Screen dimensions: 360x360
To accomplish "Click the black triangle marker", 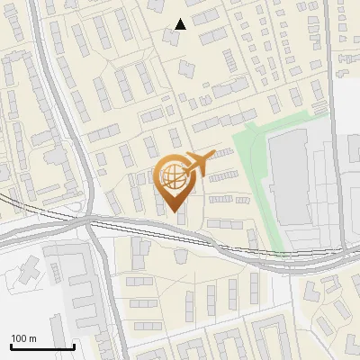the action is [181, 24].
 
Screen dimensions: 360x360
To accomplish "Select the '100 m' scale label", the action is [23, 338].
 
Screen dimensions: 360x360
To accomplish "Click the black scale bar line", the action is [42, 346].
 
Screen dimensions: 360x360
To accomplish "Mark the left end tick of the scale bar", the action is [11, 346].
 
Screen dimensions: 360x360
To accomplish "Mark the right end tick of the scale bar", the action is [74, 346].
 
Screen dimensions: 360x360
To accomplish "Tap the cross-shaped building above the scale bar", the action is [29, 268].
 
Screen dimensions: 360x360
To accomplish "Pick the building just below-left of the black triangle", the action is [170, 37].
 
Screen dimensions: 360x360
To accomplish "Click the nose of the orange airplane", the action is [214, 155].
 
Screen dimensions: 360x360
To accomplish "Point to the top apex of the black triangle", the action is [181, 19].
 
